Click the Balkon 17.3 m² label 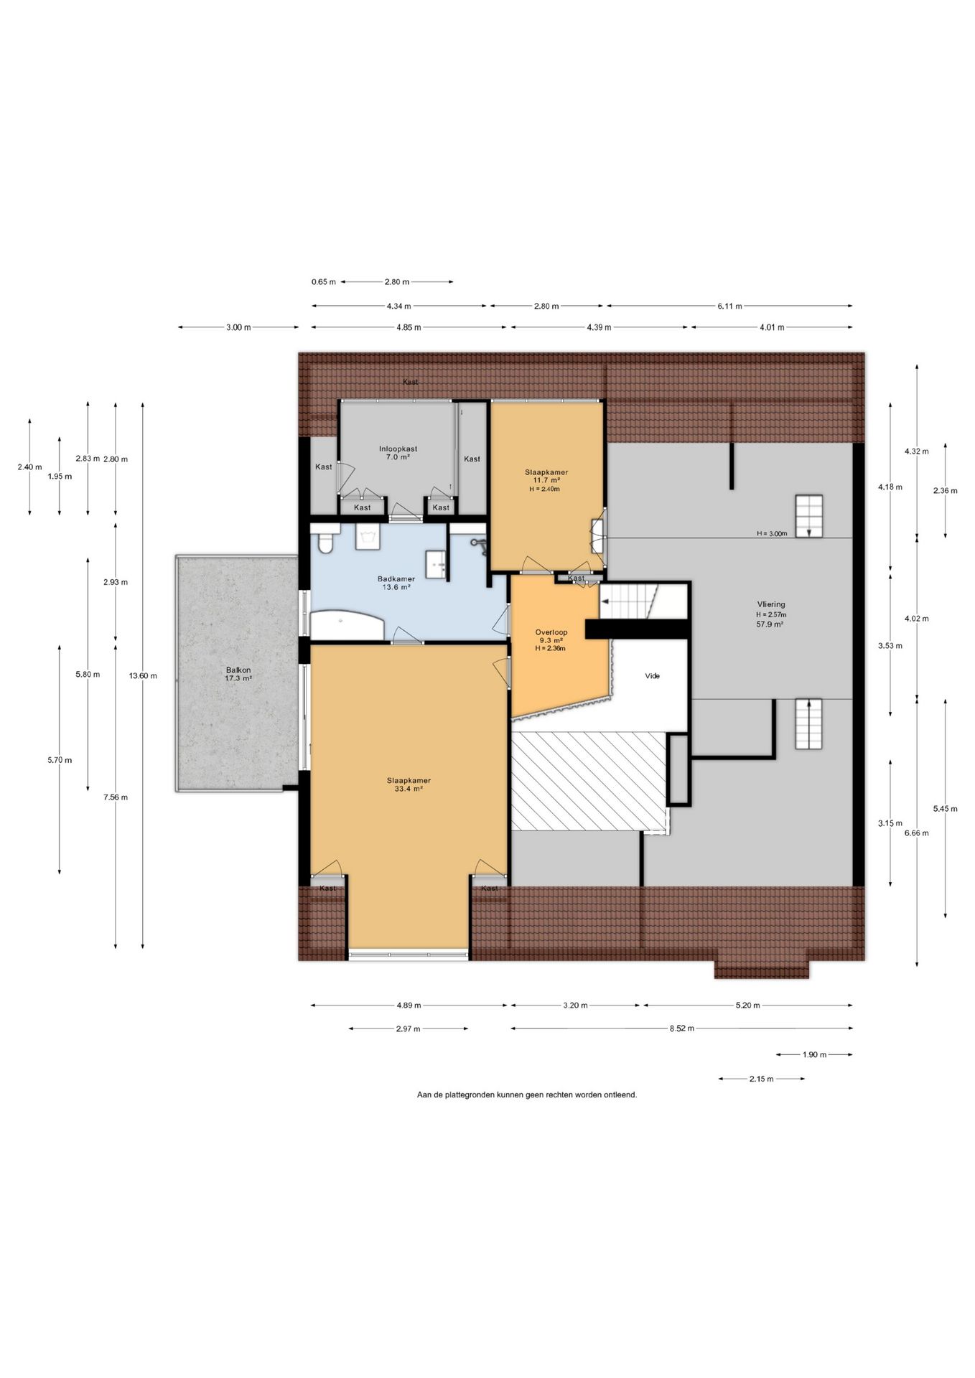(x=238, y=674)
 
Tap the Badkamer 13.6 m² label (x=396, y=583)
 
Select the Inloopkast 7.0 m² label (x=398, y=453)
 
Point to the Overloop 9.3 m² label (x=551, y=640)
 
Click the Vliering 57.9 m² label (x=770, y=614)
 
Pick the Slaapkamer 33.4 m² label (x=409, y=784)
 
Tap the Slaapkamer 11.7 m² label (x=546, y=480)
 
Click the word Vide (x=652, y=676)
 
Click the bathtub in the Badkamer (x=347, y=624)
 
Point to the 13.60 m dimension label (x=143, y=675)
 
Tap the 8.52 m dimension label (x=681, y=1028)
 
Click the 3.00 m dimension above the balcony (x=238, y=327)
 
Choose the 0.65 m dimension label (x=323, y=282)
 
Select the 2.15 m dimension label (x=761, y=1079)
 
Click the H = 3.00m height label (x=772, y=533)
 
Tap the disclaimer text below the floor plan (x=527, y=1095)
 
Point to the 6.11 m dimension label (x=729, y=306)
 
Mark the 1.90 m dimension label (x=814, y=1055)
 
